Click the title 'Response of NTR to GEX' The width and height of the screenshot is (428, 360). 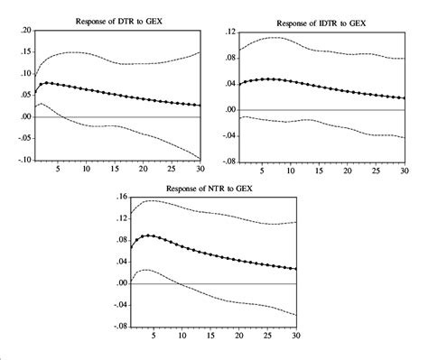218,188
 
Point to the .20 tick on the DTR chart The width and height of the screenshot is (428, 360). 25,31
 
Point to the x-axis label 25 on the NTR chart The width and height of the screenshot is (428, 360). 268,336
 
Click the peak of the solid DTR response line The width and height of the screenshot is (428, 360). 46,83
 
